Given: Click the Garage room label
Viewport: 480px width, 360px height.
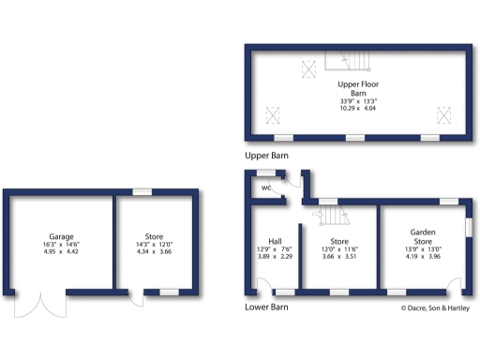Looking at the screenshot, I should [x=62, y=236].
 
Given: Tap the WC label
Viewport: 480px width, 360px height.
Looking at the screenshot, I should [x=266, y=187].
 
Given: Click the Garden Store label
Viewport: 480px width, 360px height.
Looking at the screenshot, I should [x=426, y=235].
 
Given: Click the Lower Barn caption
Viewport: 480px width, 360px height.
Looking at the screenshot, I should [x=266, y=307].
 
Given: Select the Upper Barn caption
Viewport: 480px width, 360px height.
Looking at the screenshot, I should [x=266, y=155].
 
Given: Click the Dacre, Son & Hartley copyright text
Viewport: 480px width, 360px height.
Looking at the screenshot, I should [x=436, y=307].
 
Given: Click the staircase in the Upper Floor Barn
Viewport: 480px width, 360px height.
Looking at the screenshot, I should [x=348, y=62].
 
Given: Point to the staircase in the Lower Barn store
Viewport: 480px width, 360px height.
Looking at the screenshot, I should [x=333, y=217].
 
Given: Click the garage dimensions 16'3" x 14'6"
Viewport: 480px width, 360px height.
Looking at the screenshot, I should [x=62, y=245].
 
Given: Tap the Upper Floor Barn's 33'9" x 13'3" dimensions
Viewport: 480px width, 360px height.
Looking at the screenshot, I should [x=357, y=101].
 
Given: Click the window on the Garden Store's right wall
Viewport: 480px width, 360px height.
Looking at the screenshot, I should [x=469, y=227].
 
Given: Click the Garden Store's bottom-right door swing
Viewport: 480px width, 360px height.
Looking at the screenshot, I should [x=456, y=286].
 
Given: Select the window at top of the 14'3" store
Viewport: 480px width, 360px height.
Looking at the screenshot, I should [x=142, y=192].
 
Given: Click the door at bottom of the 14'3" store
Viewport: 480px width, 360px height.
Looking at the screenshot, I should [x=137, y=298].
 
